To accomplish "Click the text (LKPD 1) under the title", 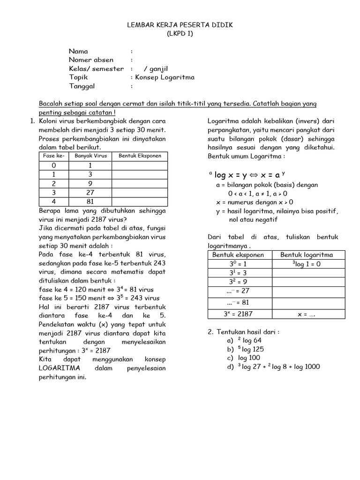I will pos(180,33).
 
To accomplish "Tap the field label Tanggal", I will pos(82,86).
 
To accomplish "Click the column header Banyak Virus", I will pos(91,156).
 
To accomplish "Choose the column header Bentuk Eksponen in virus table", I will pos(140,156).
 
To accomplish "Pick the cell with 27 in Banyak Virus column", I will pos(91,192).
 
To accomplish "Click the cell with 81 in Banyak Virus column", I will pos(91,202).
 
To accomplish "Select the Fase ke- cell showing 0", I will pos(54,165).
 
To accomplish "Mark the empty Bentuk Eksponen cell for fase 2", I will pos(140,183).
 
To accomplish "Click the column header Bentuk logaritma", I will pos(307,255).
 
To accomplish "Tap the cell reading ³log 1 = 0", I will pos(307,264).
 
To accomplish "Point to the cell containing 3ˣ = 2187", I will pos(238,314).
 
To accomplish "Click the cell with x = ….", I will pos(307,315).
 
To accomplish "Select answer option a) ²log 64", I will pos(243,340).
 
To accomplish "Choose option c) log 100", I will pos(243,358).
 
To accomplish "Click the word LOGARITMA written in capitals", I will pos(59,368).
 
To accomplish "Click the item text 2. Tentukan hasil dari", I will pos(244,332).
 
